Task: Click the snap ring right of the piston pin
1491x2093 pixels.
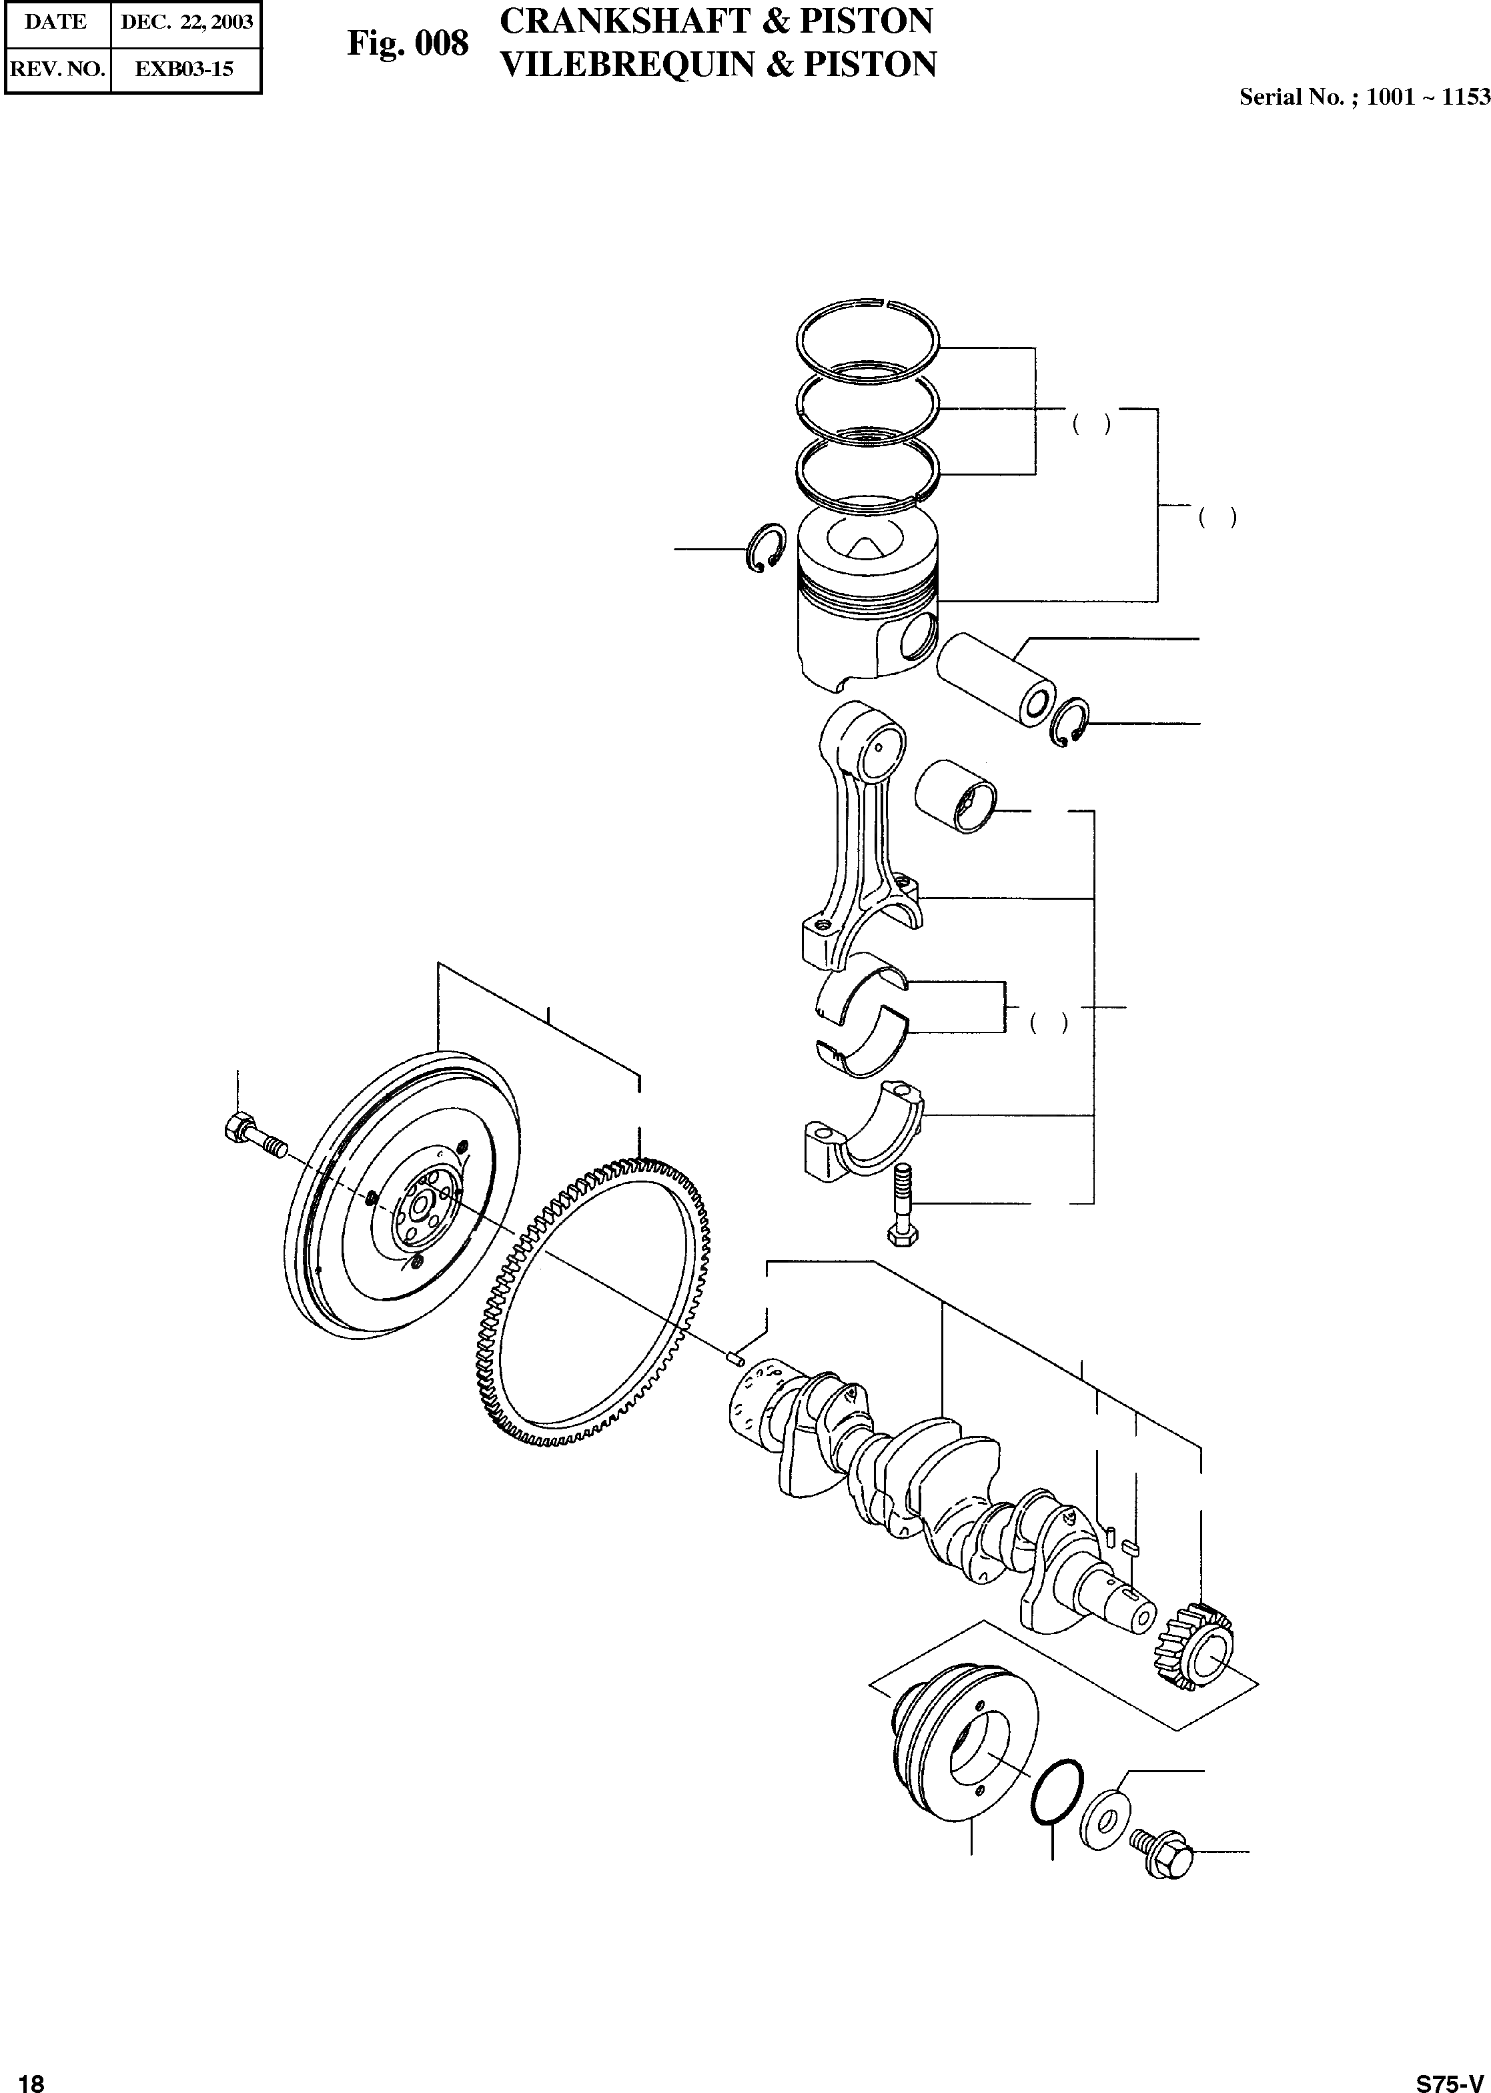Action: click(x=1069, y=722)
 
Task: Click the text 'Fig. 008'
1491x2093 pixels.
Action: click(x=408, y=43)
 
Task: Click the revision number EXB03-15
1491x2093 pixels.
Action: click(x=185, y=69)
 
